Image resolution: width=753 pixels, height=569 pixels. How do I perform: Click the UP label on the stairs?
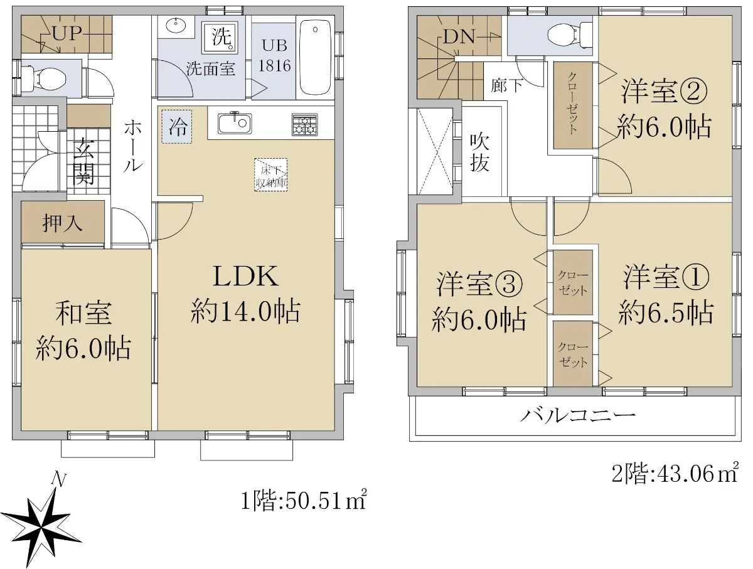pyautogui.click(x=67, y=34)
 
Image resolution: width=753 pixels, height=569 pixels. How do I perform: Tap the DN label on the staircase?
pyautogui.click(x=459, y=36)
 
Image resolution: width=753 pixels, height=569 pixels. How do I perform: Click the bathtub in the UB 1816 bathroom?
pyautogui.click(x=315, y=57)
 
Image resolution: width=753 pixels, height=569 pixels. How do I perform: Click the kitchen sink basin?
pyautogui.click(x=235, y=124)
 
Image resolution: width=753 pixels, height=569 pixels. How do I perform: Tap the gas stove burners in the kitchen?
pyautogui.click(x=304, y=124)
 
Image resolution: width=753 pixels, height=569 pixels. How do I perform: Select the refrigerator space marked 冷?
pyautogui.click(x=177, y=126)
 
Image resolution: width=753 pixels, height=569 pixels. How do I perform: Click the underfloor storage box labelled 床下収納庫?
pyautogui.click(x=270, y=174)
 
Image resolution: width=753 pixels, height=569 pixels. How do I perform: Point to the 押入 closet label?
pyautogui.click(x=62, y=223)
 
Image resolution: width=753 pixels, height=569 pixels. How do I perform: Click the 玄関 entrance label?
pyautogui.click(x=83, y=161)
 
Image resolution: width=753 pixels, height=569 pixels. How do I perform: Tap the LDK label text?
pyautogui.click(x=245, y=276)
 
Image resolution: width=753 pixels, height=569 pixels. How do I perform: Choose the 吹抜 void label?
pyautogui.click(x=479, y=152)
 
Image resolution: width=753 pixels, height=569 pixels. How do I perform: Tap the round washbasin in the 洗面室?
pyautogui.click(x=176, y=25)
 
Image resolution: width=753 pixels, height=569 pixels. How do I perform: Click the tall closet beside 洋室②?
pyautogui.click(x=573, y=105)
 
